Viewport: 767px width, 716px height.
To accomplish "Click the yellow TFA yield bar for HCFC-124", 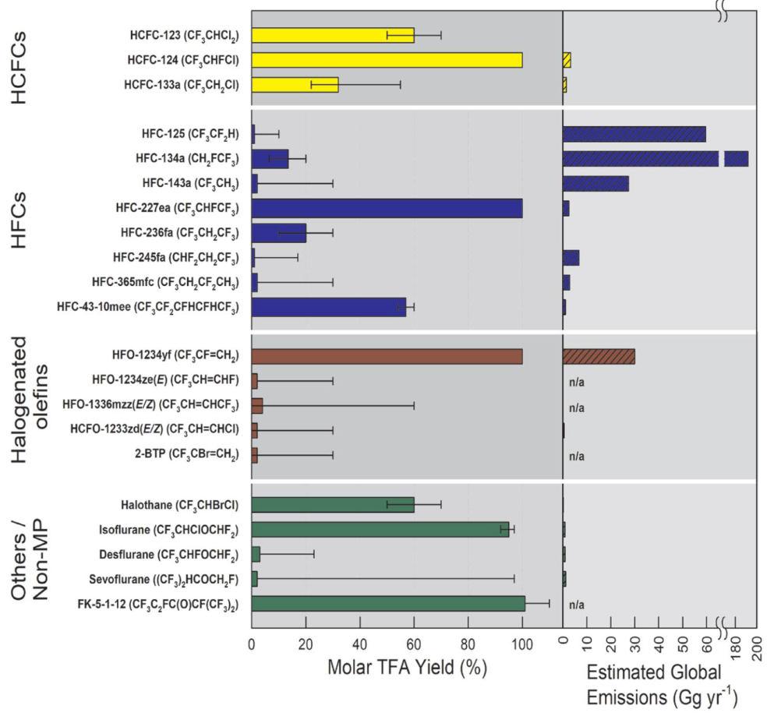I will [387, 60].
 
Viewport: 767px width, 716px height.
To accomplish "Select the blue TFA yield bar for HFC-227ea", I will [387, 208].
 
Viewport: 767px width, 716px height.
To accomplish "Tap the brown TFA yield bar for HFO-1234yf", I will [387, 356].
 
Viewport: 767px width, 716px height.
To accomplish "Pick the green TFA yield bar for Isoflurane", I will [380, 530].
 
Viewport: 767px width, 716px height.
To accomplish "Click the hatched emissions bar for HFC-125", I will [634, 134].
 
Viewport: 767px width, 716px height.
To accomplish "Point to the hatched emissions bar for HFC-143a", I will [596, 184].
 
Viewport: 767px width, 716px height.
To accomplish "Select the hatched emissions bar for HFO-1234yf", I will [599, 356].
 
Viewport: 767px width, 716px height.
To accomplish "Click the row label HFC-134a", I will [186, 159].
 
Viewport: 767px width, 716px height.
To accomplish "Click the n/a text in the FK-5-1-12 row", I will [577, 604].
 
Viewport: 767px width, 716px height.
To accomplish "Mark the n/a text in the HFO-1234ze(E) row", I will [577, 382].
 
